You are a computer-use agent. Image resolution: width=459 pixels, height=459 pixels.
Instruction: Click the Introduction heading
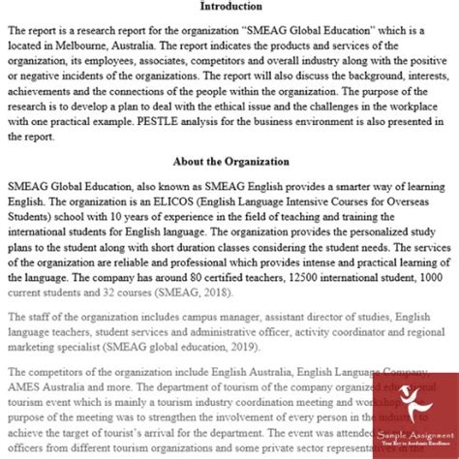[x=229, y=8]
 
